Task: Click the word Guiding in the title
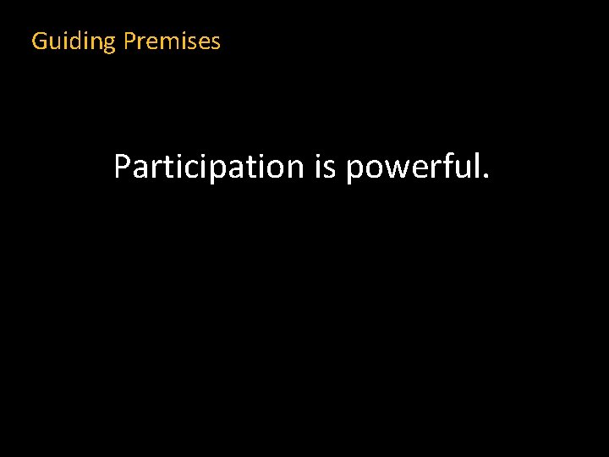(73, 41)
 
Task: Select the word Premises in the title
(172, 41)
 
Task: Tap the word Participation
(208, 167)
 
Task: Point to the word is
(325, 167)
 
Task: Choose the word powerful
(411, 167)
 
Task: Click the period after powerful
(485, 177)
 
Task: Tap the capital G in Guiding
(39, 41)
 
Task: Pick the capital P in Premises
(129, 41)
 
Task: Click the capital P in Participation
(122, 167)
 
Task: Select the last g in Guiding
(107, 44)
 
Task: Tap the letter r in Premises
(141, 42)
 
